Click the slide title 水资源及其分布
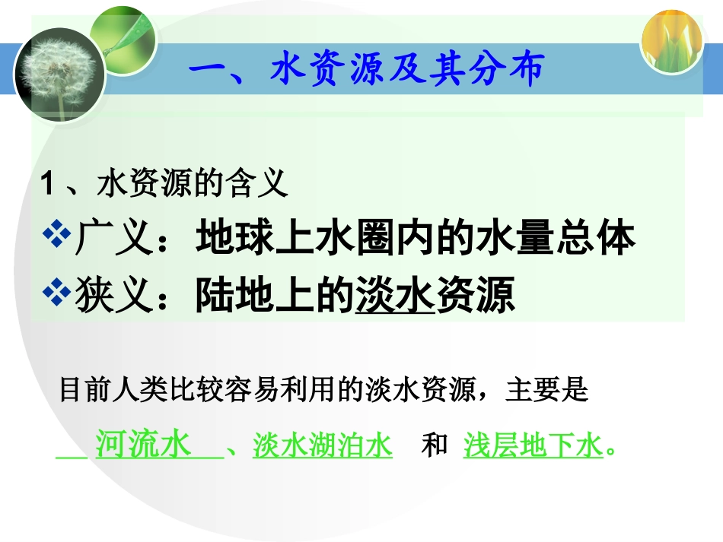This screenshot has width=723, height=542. click(x=367, y=71)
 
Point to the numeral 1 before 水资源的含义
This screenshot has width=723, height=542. click(x=47, y=185)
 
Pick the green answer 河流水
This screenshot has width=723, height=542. click(x=143, y=445)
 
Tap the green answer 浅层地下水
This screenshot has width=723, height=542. click(x=533, y=445)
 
